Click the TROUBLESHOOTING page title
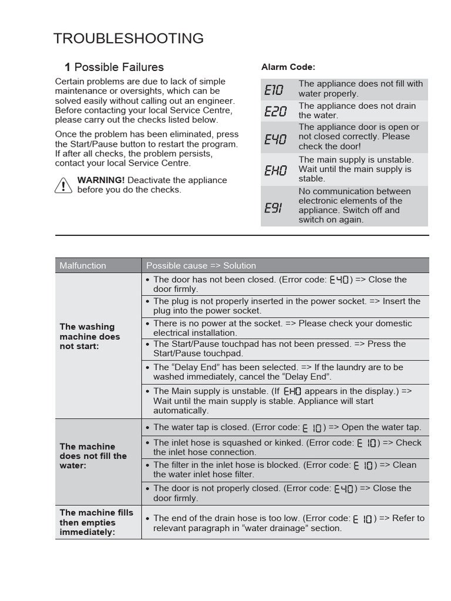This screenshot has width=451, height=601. [x=129, y=39]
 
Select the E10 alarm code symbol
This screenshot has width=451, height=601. [x=274, y=90]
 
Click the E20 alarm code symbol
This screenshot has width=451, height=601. [x=275, y=111]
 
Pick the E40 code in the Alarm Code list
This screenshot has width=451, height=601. [x=275, y=139]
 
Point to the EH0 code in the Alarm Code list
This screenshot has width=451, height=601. [x=275, y=170]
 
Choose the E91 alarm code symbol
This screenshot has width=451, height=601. [x=273, y=207]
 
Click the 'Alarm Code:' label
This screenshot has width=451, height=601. [x=288, y=67]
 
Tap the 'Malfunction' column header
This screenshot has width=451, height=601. [x=83, y=265]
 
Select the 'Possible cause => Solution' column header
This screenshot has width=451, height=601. [x=201, y=265]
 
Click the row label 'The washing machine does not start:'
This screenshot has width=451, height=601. [x=90, y=336]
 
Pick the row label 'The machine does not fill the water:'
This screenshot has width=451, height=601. [x=93, y=455]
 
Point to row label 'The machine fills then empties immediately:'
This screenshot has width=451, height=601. [x=96, y=522]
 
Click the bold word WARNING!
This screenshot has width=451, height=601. [x=101, y=180]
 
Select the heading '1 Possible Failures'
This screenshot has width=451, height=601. [x=114, y=67]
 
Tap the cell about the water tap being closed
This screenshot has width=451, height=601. [x=287, y=427]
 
